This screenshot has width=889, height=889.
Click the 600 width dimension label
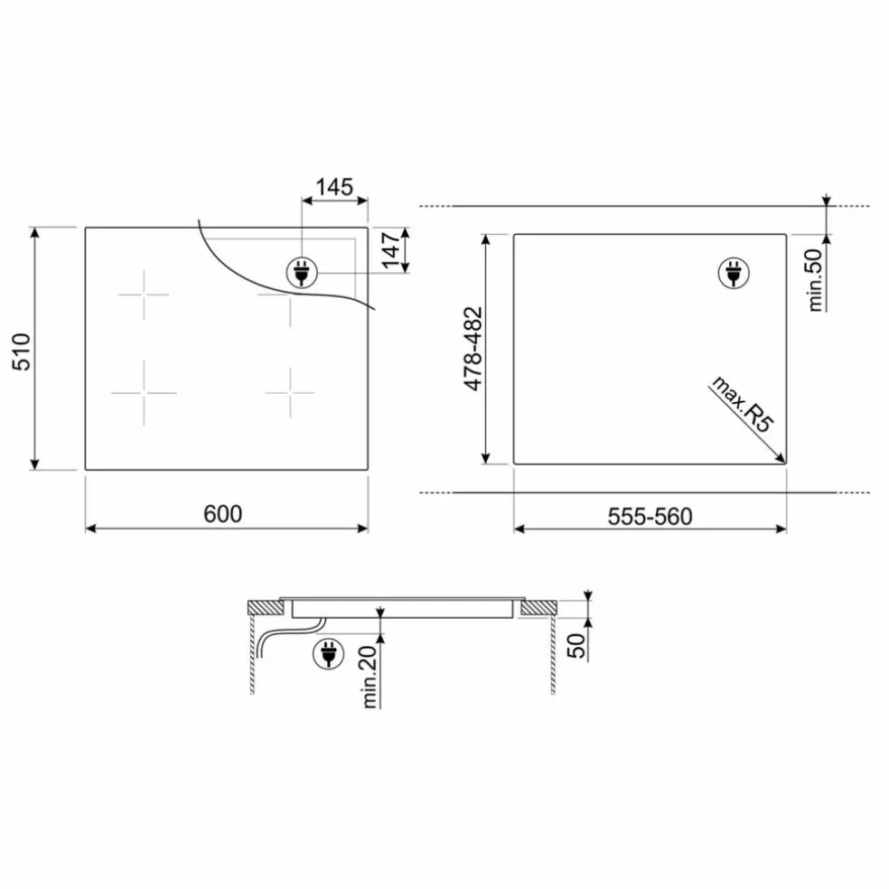[223, 514]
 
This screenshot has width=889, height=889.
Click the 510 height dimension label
[22, 351]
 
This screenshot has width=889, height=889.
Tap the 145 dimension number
[334, 186]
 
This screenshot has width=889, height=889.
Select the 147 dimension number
[391, 250]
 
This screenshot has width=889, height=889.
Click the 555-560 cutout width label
[650, 517]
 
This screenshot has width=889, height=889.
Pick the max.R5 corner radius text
[742, 404]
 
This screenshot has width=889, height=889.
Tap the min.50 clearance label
[815, 280]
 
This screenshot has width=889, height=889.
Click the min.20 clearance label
[370, 677]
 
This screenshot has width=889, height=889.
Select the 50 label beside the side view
[576, 646]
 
